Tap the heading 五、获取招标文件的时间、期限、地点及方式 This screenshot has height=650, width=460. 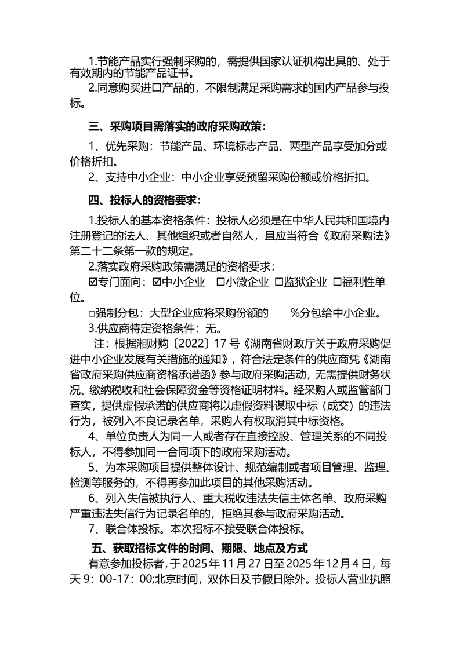200,547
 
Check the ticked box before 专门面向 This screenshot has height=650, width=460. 93,283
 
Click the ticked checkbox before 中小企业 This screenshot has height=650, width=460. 157,283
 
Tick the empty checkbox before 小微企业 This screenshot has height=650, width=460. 220,283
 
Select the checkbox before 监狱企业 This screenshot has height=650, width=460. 278,283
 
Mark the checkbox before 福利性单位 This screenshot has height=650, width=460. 337,283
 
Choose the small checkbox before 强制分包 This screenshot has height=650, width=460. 92,314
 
